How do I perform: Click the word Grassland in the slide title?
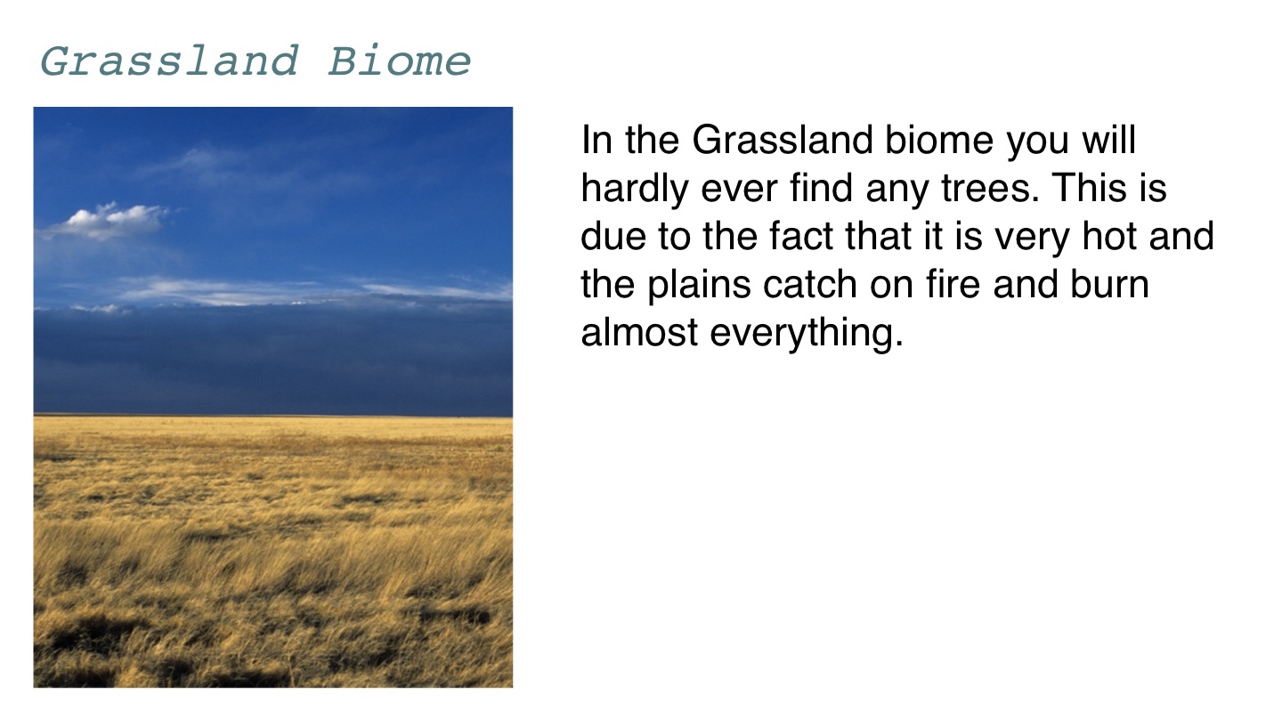(169, 61)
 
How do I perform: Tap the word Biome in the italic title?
(400, 61)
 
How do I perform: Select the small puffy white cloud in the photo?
(108, 221)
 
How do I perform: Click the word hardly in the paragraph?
(634, 190)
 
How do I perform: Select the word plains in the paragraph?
(699, 286)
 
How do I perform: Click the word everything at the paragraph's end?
(807, 334)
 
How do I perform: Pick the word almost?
(639, 333)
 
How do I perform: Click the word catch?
(810, 284)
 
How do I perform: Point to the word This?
(1088, 188)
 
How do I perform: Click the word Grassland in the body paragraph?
(783, 140)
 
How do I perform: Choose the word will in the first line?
(1108, 140)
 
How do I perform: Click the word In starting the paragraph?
(596, 140)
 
